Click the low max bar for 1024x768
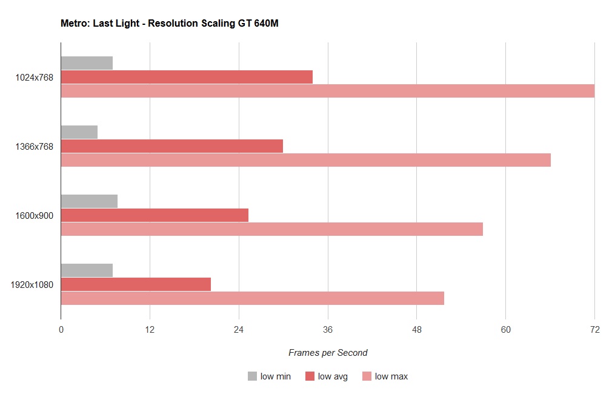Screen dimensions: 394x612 click(x=327, y=91)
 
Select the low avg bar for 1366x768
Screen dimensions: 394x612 click(x=172, y=146)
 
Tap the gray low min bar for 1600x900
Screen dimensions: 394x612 click(x=89, y=201)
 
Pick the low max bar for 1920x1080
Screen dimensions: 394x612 click(x=252, y=298)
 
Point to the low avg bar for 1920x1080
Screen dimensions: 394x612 click(x=136, y=284)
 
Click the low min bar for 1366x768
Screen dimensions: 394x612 click(x=79, y=132)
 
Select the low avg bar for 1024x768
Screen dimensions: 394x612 click(x=187, y=77)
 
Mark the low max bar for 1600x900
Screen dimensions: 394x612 click(x=271, y=229)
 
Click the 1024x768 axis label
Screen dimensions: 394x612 click(x=35, y=77)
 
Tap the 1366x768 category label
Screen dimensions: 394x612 click(x=35, y=146)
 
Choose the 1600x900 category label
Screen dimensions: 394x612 click(x=35, y=215)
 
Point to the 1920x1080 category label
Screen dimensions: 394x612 click(x=33, y=284)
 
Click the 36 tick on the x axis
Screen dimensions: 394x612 click(x=328, y=330)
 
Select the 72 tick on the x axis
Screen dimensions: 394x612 click(x=594, y=330)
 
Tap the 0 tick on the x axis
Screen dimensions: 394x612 click(x=61, y=330)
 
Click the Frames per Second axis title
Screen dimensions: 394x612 click(x=328, y=353)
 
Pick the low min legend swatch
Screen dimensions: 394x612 click(x=252, y=376)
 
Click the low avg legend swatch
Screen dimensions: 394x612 click(x=310, y=376)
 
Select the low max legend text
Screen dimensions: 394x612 click(x=391, y=376)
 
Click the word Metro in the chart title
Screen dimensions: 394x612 click(x=75, y=24)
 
